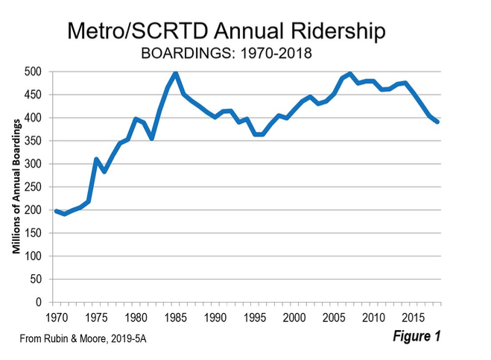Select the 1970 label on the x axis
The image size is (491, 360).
55,317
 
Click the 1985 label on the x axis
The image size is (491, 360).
176,317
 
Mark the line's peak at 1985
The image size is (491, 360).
176,73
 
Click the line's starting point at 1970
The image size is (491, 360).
56,211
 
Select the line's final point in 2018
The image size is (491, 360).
438,122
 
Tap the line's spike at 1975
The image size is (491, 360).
96,160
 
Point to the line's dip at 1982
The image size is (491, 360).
152,138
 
